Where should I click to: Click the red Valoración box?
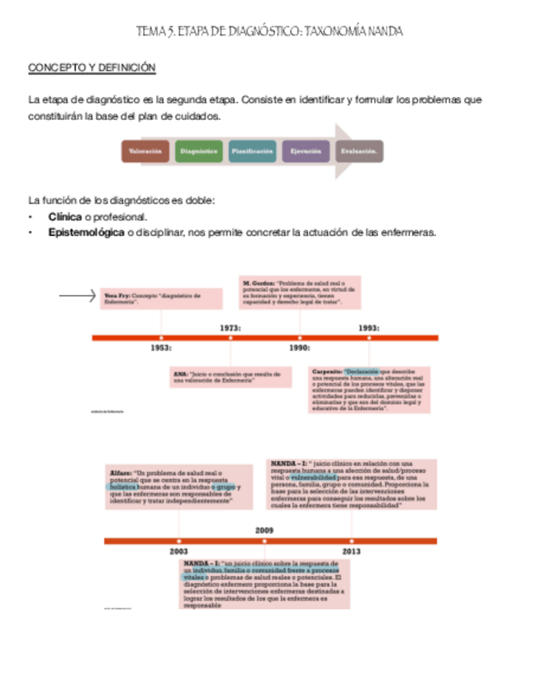click(x=145, y=151)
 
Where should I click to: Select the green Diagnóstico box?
click(x=198, y=151)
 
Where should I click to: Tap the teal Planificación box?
click(x=251, y=151)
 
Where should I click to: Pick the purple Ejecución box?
click(x=305, y=151)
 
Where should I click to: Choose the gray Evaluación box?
click(x=358, y=151)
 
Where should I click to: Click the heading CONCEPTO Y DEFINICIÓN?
click(x=92, y=67)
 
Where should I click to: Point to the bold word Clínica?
click(x=65, y=217)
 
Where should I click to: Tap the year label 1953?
click(x=161, y=348)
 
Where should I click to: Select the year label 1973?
click(x=230, y=327)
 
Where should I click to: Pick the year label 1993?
click(x=368, y=327)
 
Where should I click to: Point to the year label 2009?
click(x=265, y=530)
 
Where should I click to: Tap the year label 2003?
click(x=178, y=551)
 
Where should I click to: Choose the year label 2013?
click(x=351, y=551)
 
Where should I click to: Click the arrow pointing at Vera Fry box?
click(x=78, y=297)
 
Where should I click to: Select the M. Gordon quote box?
click(x=302, y=293)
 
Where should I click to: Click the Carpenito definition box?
click(x=369, y=390)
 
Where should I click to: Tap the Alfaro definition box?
click(x=180, y=487)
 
